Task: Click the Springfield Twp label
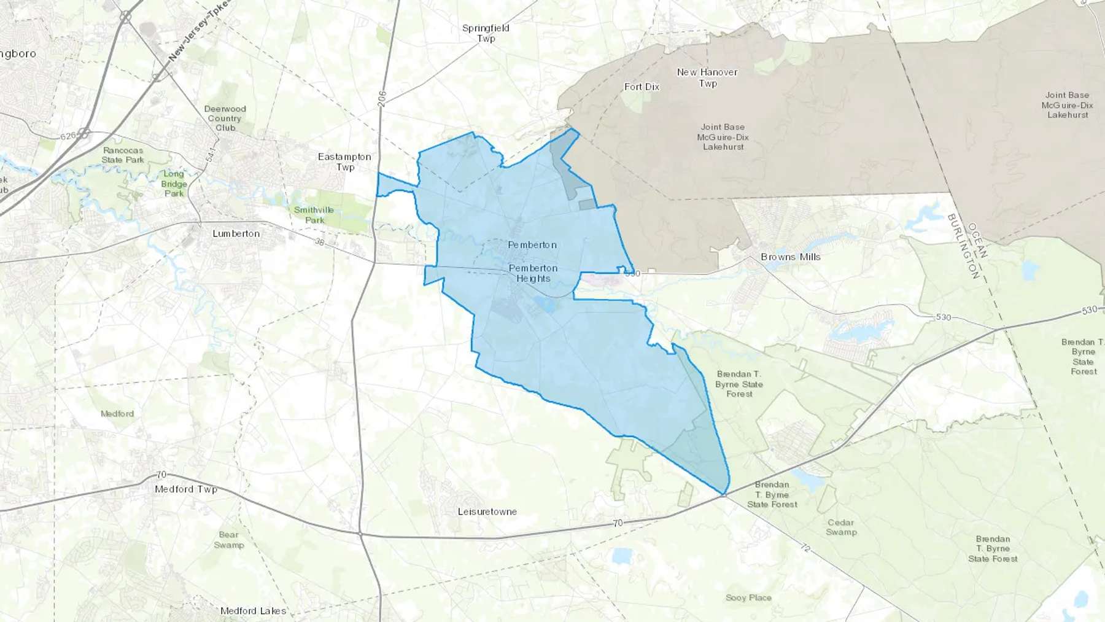coord(486,33)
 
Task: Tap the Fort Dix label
coord(642,87)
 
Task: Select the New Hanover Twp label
coord(707,77)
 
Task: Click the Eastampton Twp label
coord(344,161)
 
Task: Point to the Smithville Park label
coord(314,215)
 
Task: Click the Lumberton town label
coord(236,233)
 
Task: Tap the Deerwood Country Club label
coord(225,118)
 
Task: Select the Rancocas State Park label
coord(123,155)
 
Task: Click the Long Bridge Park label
coord(174,184)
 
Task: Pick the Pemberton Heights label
coord(533,273)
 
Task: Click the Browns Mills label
coord(790,257)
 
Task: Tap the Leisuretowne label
coord(487,511)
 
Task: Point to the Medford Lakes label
coord(253,610)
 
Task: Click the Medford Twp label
coord(186,489)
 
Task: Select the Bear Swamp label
coord(228,540)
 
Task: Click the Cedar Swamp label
coord(840,527)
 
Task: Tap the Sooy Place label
coord(748,597)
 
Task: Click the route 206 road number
coord(382,99)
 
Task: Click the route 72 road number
coord(805,547)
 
